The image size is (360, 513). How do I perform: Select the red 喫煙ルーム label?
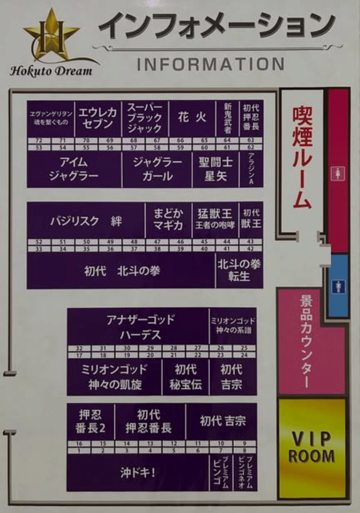[302, 158]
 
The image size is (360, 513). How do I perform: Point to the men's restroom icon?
[338, 286]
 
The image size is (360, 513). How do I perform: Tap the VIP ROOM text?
[312, 447]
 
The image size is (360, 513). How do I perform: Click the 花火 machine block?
[192, 118]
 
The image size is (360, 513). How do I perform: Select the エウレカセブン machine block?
[98, 118]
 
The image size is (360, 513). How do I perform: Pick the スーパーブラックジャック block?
[145, 118]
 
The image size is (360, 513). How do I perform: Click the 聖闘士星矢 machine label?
[215, 169]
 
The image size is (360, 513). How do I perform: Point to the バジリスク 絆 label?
[86, 221]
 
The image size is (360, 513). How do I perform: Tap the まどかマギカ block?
[168, 219]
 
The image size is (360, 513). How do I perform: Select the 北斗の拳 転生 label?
[239, 270]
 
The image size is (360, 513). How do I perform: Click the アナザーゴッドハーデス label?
[140, 327]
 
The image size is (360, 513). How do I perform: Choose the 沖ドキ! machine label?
[138, 473]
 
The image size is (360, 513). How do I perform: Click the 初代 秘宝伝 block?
[185, 377]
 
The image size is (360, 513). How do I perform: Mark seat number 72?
[39, 140]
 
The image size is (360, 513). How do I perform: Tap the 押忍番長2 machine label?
[90, 421]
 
